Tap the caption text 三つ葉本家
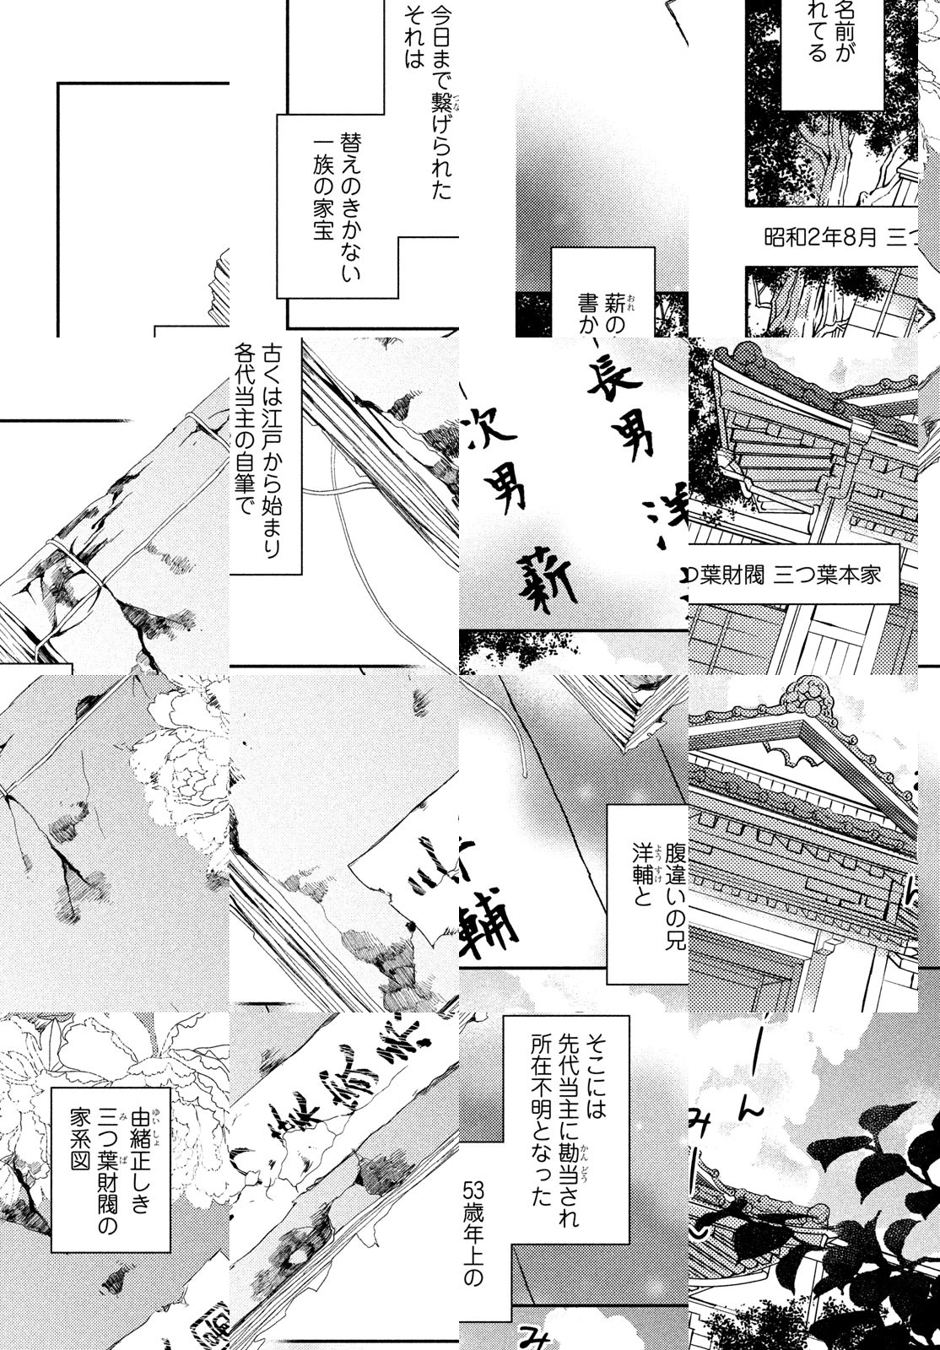tap(835, 575)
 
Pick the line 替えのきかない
tap(350, 203)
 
